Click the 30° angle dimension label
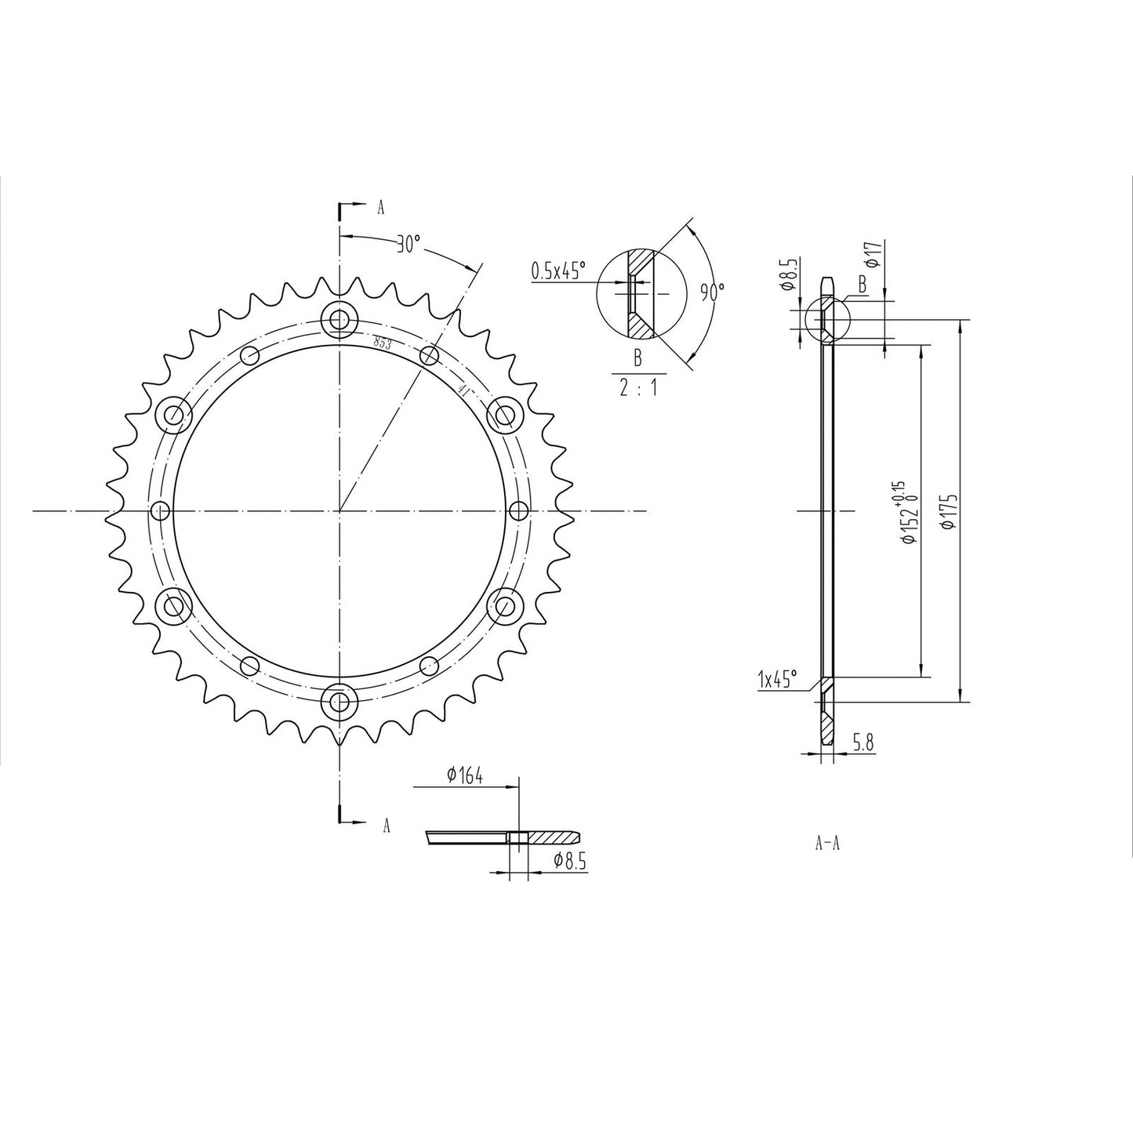[407, 245]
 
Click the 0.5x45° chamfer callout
[558, 271]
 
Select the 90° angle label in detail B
[712, 292]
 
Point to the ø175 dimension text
[951, 512]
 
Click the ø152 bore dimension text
[907, 514]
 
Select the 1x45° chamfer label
[777, 679]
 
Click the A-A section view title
[828, 844]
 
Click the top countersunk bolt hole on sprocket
[339, 319]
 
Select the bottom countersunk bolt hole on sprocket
[339, 701]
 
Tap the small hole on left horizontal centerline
[160, 511]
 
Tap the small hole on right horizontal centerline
[518, 511]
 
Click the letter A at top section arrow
[381, 208]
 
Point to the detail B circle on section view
[827, 321]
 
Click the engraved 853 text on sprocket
[383, 342]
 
